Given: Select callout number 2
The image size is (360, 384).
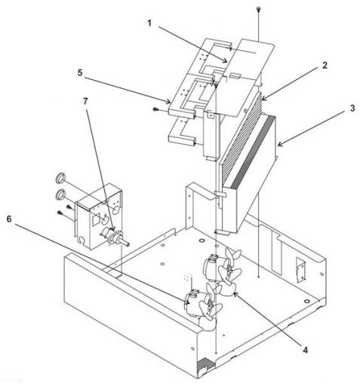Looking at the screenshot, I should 326,66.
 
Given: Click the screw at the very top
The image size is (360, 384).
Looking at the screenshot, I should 260,9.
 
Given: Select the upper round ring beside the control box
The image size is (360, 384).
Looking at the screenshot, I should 60,179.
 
